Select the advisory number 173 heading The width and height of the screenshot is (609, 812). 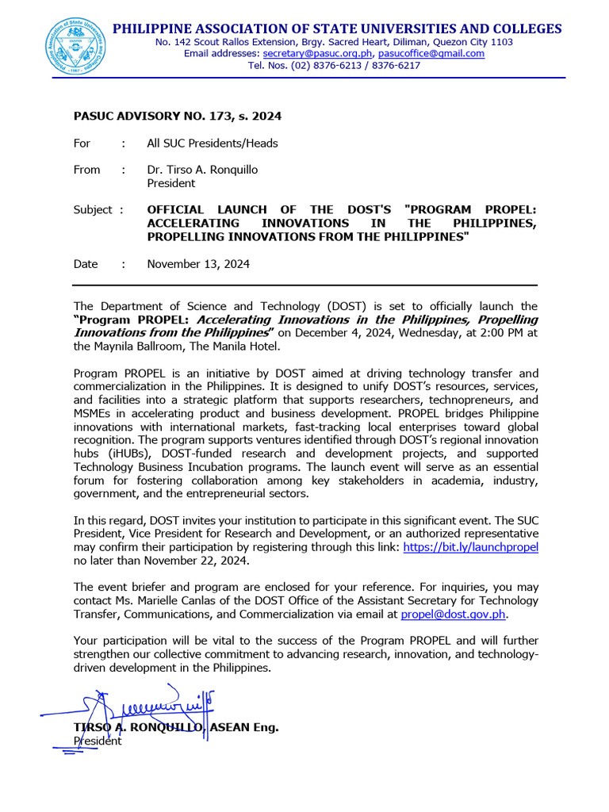[x=177, y=117]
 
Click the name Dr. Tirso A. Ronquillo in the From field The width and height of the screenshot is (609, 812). [x=202, y=170]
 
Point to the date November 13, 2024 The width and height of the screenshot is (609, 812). [x=198, y=264]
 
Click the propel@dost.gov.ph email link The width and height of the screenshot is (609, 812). [x=453, y=614]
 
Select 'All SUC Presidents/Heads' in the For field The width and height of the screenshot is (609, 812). [x=212, y=144]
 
